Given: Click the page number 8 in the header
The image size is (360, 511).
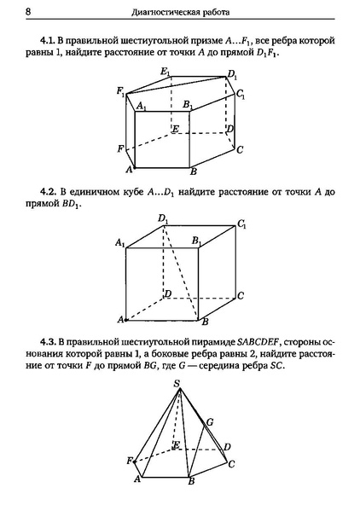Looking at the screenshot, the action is click(28, 12).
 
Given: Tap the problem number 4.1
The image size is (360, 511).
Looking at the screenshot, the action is click(47, 41).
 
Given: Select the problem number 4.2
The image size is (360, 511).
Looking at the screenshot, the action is click(48, 192).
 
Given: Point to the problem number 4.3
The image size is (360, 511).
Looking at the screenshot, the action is click(48, 342).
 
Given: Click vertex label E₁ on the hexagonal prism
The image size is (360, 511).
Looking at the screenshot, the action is click(165, 72).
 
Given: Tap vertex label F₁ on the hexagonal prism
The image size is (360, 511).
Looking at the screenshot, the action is click(121, 91).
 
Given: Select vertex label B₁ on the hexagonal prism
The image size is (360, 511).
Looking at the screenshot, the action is click(188, 105).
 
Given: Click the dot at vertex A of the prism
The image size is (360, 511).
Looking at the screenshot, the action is click(134, 168).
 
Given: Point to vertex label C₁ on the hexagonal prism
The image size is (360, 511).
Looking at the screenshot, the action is click(241, 94).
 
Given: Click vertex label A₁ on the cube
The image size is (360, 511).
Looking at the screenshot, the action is click(120, 243).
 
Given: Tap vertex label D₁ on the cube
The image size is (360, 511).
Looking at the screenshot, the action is click(164, 218).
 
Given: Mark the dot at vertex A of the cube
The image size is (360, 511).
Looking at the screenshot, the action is click(126, 320).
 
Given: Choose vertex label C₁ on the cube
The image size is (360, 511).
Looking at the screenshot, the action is click(241, 224).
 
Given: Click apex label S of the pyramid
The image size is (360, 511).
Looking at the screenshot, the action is click(177, 384).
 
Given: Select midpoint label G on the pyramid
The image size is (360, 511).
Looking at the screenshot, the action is click(210, 422).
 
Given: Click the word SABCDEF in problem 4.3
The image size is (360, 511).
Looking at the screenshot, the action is click(258, 342).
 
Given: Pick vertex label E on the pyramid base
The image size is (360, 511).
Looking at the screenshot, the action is click(177, 444).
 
